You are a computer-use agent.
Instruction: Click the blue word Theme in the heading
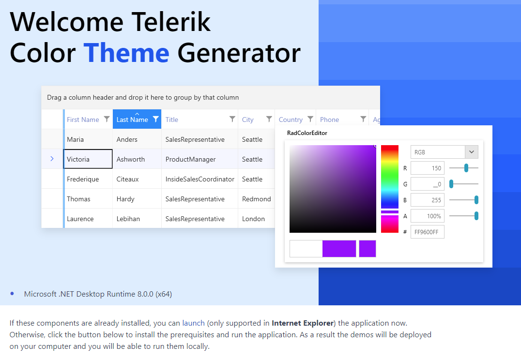[126, 53]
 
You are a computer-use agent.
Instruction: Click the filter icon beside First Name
[107, 119]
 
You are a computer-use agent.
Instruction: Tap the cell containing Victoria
[88, 159]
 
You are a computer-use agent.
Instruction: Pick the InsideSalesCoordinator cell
[199, 179]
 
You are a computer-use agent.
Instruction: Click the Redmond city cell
[256, 199]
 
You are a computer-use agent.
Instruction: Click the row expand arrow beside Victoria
[52, 159]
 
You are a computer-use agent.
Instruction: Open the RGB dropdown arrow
[472, 152]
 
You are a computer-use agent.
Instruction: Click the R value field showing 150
[427, 168]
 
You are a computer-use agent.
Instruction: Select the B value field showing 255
[427, 200]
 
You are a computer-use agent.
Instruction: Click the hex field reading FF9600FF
[427, 232]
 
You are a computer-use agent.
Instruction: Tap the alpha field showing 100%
[427, 216]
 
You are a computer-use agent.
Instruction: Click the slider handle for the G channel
[451, 184]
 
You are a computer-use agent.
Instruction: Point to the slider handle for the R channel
[466, 168]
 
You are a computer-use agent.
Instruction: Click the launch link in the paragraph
[193, 323]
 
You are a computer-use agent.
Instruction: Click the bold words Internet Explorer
[303, 323]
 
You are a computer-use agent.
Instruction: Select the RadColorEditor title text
[307, 133]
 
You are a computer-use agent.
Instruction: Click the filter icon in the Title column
[232, 119]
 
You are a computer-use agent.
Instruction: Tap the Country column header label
[291, 120]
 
